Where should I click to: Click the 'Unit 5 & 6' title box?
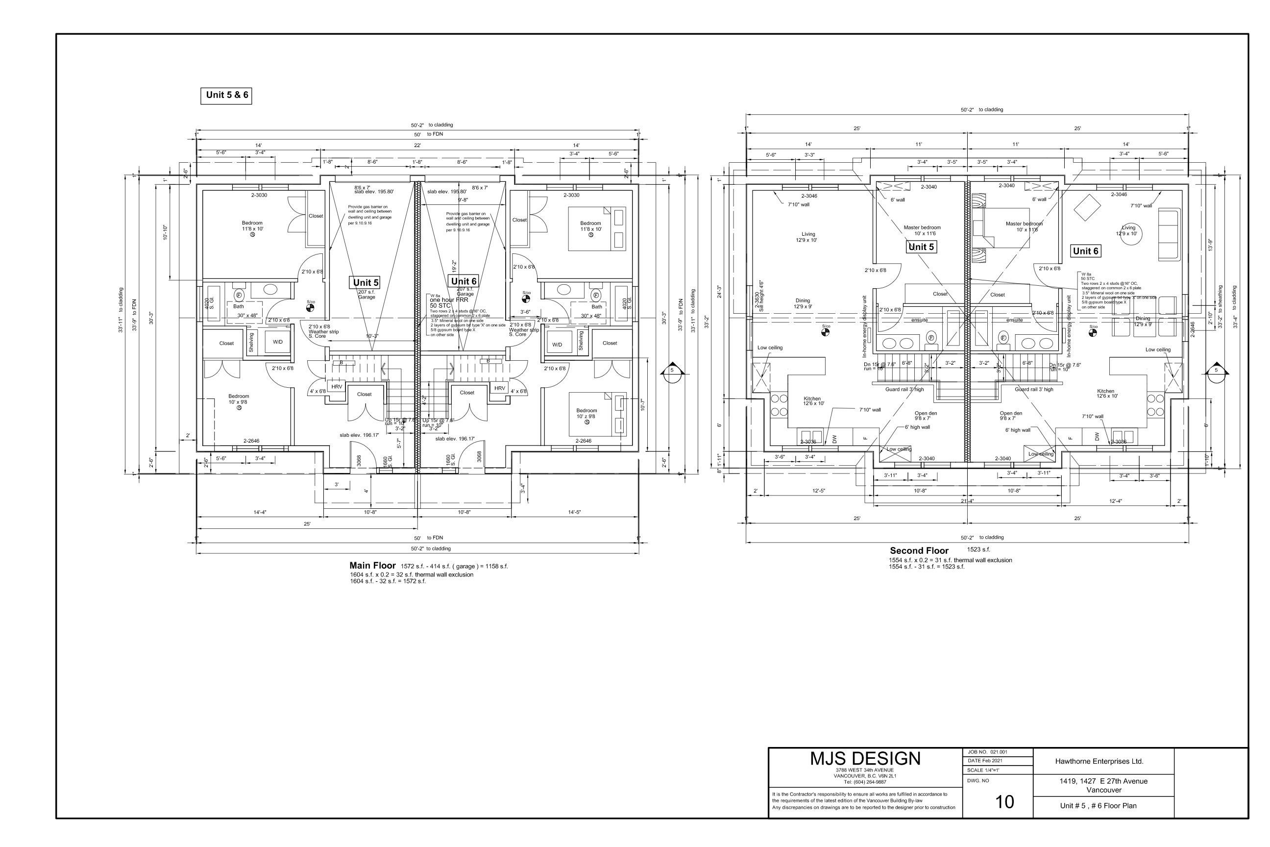click(x=226, y=96)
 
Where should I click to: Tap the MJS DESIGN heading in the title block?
click(x=864, y=758)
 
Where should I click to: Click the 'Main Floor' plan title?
click(x=372, y=566)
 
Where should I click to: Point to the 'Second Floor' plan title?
click(x=919, y=550)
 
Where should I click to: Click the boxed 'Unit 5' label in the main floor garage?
click(x=366, y=282)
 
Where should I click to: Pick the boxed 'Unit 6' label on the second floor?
click(x=1085, y=251)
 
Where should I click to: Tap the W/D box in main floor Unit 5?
click(x=277, y=342)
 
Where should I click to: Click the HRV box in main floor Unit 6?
click(x=499, y=388)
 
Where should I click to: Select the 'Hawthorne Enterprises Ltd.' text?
click(x=1099, y=761)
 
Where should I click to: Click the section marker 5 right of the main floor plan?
click(x=672, y=371)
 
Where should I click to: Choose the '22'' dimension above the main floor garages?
click(x=417, y=145)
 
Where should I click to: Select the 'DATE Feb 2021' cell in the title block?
click(x=984, y=761)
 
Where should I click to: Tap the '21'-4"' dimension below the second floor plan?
click(x=968, y=501)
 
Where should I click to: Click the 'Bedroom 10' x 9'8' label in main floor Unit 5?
click(x=238, y=399)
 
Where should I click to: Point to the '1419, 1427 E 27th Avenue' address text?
click(x=1102, y=781)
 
